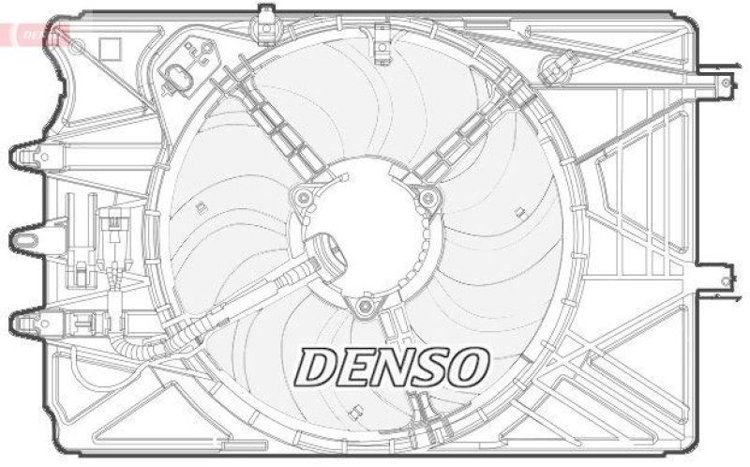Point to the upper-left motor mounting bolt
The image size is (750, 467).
click(304, 198)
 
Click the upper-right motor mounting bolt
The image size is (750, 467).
click(427, 197)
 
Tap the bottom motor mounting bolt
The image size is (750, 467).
click(366, 305)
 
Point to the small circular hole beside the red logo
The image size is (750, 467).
click(78, 46)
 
